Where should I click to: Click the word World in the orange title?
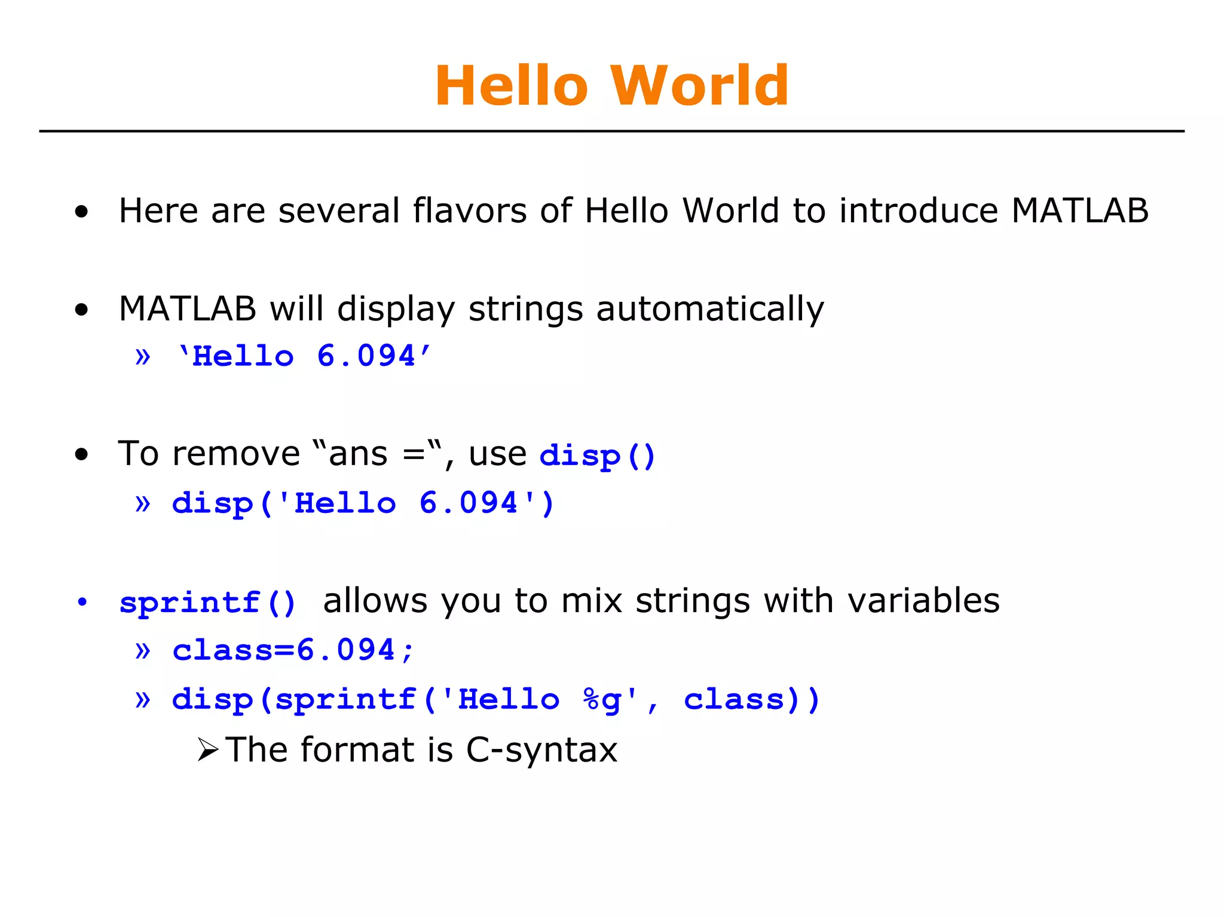click(699, 86)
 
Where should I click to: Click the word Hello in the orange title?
click(512, 86)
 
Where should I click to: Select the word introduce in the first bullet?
click(918, 211)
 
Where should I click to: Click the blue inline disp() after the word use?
click(597, 456)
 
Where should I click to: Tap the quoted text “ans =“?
click(377, 454)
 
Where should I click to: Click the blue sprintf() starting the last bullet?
click(207, 603)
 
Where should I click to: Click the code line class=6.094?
click(293, 650)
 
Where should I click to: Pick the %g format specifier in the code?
click(602, 700)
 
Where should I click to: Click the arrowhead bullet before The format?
click(207, 750)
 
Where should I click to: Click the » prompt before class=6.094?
click(142, 650)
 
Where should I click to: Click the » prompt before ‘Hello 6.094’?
click(142, 357)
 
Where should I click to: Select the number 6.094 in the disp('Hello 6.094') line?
click(468, 503)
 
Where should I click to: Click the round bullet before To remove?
click(82, 454)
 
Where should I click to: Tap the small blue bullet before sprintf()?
click(82, 602)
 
